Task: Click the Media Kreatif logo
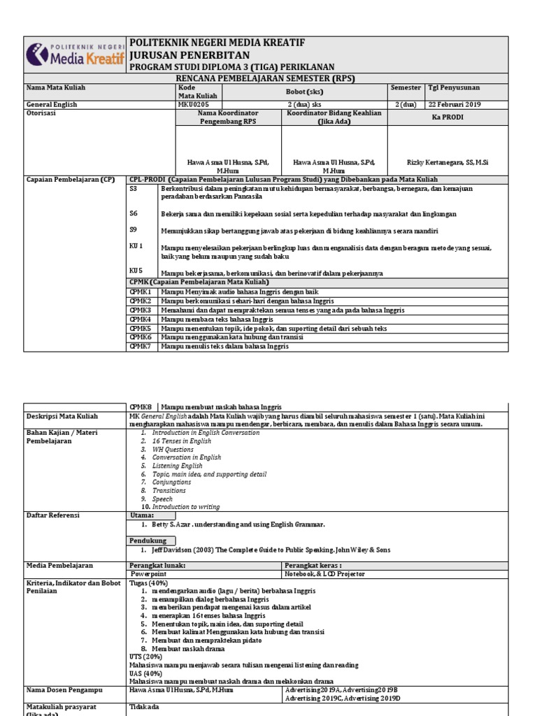click(75, 55)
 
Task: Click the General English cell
click(52, 105)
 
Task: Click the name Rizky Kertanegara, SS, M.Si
click(447, 162)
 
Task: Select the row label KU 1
click(136, 246)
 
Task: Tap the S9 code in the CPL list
click(134, 229)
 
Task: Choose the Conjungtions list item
click(171, 482)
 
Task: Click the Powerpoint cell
click(148, 574)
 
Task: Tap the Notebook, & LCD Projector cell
click(324, 574)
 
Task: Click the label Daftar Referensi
click(53, 515)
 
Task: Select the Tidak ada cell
click(145, 707)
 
